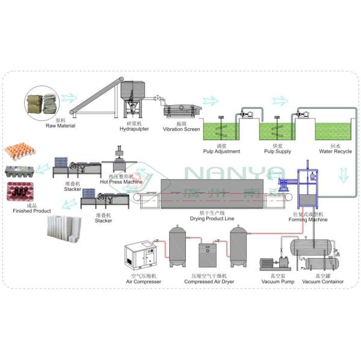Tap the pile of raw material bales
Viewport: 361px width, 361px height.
pos(40,104)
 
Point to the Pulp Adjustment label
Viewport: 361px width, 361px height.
pos(214,151)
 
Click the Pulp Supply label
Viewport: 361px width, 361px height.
pos(274,151)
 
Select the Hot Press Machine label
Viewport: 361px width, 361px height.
pos(121,181)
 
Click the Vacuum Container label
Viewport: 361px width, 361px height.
pos(322,282)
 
